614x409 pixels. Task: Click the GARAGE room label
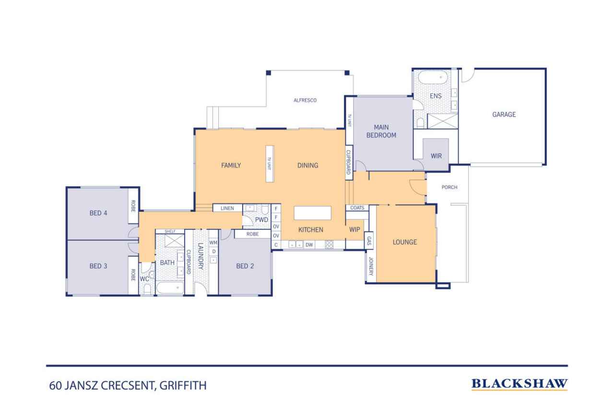(504, 114)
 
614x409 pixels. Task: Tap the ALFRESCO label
(305, 100)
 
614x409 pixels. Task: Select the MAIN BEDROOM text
(381, 131)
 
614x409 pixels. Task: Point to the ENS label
(436, 96)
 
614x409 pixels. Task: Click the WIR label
(436, 156)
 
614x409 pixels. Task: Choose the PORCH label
(449, 187)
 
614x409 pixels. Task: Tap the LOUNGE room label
(404, 242)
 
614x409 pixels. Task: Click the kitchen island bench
(312, 213)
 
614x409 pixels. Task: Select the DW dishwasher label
(309, 245)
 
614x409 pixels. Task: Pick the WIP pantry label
(354, 230)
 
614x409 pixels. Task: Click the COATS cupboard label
(357, 208)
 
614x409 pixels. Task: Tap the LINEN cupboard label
(227, 208)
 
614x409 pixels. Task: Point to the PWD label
(261, 220)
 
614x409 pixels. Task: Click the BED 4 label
(98, 213)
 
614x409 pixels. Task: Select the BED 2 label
(245, 266)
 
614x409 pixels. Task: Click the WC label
(144, 279)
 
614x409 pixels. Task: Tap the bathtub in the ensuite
(433, 78)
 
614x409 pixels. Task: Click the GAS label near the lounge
(369, 241)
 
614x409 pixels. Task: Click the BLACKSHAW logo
(520, 384)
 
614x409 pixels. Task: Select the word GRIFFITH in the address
(183, 386)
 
